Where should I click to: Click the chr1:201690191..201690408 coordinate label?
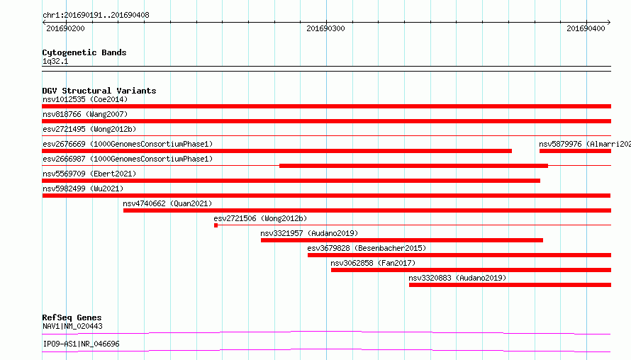click(96, 16)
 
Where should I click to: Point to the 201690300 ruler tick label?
click(325, 28)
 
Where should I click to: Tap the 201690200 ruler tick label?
click(66, 28)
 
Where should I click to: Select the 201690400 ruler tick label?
click(586, 28)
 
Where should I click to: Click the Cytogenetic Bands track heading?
click(84, 52)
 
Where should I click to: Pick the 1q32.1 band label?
click(55, 61)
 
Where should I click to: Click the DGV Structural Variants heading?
click(99, 91)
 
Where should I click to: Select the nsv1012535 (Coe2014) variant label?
click(85, 99)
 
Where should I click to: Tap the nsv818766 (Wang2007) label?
click(85, 114)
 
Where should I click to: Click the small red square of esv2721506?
click(216, 225)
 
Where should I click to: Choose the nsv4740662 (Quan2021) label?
click(167, 203)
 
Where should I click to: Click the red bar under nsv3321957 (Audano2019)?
click(401, 240)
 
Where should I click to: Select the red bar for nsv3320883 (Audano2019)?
click(510, 285)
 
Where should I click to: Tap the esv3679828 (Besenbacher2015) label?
click(367, 248)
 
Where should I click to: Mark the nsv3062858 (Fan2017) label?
click(373, 263)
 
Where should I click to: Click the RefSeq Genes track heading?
click(72, 317)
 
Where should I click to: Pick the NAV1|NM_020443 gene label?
click(72, 326)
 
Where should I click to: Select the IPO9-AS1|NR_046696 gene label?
click(81, 344)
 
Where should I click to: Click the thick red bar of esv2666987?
click(413, 166)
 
